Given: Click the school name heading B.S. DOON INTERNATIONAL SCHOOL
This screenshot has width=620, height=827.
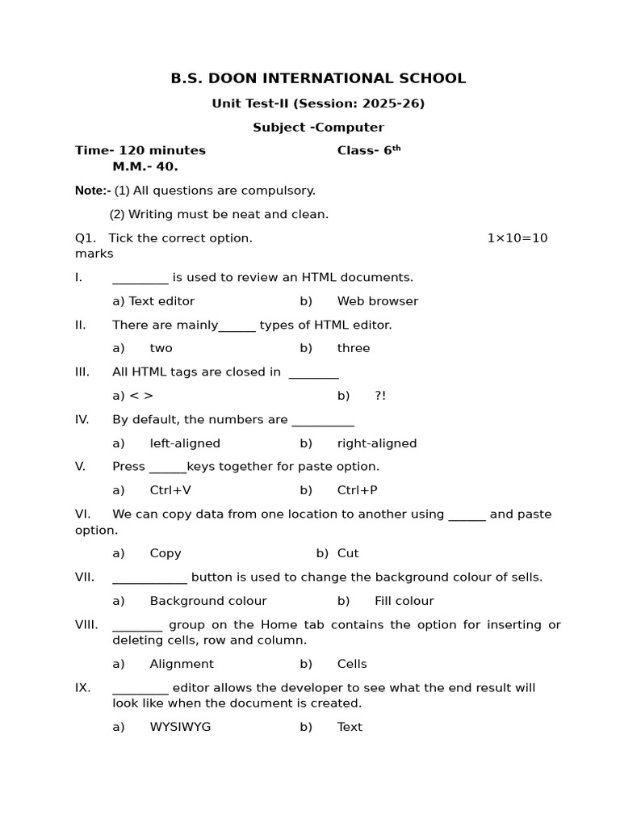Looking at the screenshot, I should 318,78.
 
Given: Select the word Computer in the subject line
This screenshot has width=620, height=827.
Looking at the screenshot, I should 353,128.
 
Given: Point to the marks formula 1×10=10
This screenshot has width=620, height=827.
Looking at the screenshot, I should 517,238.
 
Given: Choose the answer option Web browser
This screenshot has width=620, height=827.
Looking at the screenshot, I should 377,301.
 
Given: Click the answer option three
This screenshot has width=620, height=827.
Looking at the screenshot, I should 354,348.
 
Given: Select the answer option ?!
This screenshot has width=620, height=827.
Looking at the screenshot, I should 380,396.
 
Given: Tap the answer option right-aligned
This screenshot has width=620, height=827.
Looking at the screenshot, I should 377,443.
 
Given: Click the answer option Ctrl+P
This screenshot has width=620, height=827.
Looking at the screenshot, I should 357,490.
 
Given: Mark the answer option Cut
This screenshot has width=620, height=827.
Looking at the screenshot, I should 348,553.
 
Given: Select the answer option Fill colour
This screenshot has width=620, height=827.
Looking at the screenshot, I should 404,601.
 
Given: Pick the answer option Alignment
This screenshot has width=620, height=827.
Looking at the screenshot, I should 182,664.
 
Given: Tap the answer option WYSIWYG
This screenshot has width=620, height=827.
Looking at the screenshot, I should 180,727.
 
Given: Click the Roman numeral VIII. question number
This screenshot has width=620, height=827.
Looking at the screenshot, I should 86,625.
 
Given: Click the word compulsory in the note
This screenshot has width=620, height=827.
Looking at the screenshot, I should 279,191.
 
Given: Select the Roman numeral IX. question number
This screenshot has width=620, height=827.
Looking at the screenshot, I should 83,688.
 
